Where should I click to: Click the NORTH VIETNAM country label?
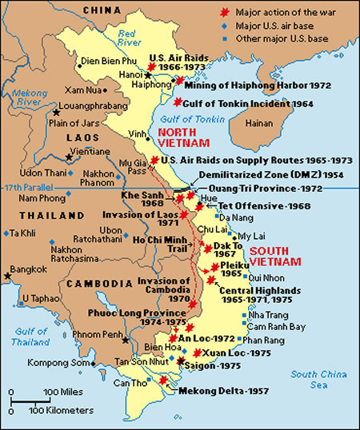coord(183,137)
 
